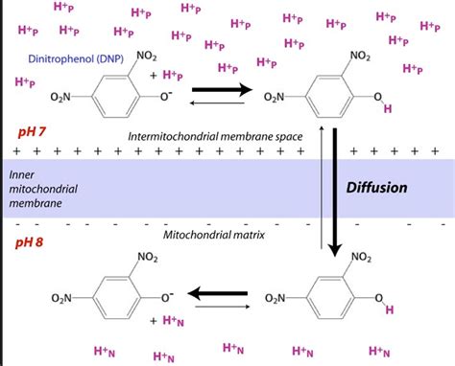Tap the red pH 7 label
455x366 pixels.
coord(28,128)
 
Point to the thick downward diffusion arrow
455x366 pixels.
coord(335,192)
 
